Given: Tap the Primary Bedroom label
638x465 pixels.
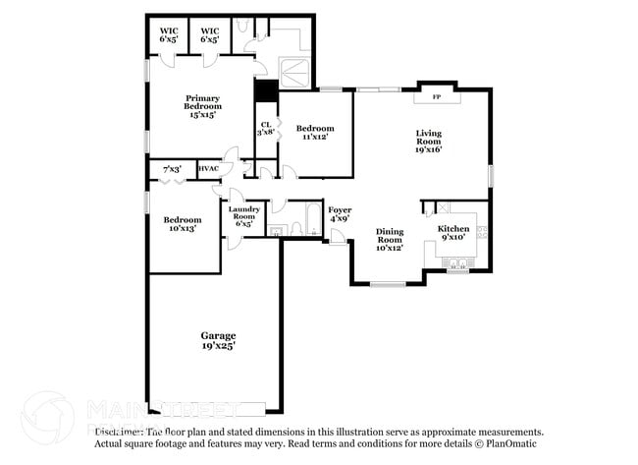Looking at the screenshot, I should pos(202,106).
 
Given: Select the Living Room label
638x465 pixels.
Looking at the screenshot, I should pos(428,141).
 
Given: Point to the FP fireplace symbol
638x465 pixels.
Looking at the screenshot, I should pos(437,96).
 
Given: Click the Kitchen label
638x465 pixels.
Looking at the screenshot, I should pos(453,233).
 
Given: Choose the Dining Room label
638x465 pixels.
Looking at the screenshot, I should pos(390,240).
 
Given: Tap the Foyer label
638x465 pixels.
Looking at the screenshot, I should pos(340,214).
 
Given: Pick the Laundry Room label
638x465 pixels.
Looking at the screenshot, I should pos(242,216).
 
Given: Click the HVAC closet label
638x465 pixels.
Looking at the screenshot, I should pos(208,169).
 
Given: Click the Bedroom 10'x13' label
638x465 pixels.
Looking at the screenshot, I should pos(183,223).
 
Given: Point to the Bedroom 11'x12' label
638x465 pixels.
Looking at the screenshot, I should pos(315,133).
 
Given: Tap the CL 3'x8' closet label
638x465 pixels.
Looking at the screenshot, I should pos(265,128).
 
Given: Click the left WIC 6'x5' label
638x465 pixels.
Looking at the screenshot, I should pos(169,35).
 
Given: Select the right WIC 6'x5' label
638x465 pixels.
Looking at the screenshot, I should pos(209,35).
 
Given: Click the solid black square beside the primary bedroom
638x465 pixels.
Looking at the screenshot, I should pos(263,90).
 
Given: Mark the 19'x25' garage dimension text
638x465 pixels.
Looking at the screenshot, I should pos(218,346).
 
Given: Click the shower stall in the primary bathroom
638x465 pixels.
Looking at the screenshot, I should pos(295,70).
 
